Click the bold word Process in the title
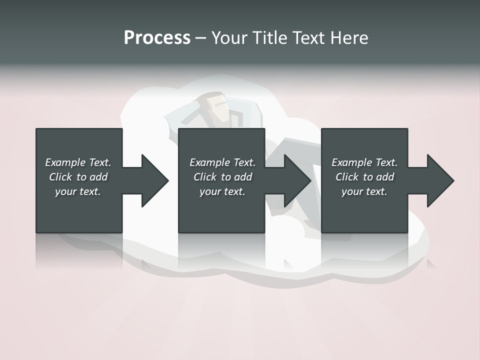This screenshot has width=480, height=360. (x=157, y=37)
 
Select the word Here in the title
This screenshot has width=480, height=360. (x=349, y=37)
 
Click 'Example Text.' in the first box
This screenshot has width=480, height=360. (x=78, y=162)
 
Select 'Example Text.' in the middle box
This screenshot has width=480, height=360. (x=222, y=162)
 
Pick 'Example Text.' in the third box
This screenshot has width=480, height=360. (x=364, y=162)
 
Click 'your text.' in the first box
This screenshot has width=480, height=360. (x=78, y=191)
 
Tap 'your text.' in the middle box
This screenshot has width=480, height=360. (x=222, y=191)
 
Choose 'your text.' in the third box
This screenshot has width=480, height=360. (x=364, y=191)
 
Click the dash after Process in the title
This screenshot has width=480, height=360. (x=200, y=38)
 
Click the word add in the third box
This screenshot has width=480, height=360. (x=384, y=177)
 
